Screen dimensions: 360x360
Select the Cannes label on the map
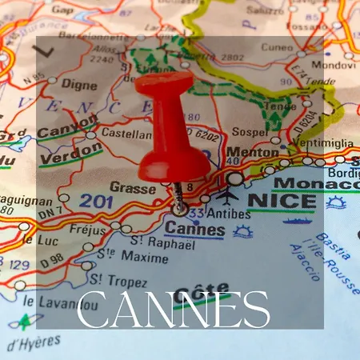pos(195,228)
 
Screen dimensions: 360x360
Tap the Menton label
pos(253,152)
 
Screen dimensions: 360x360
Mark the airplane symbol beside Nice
pos(227,194)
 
